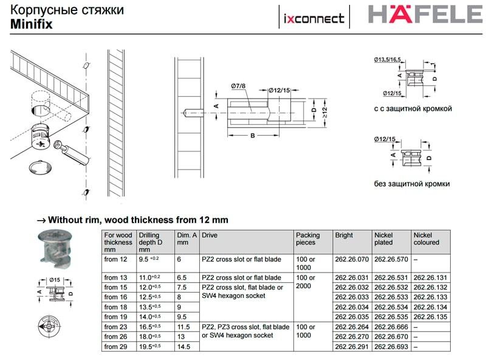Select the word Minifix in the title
30,24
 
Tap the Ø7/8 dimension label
239,85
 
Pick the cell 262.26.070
352,260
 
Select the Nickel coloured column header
426,238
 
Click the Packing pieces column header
307,238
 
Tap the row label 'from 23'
115,327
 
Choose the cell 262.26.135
430,316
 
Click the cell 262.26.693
390,346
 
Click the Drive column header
210,235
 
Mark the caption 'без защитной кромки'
412,184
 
